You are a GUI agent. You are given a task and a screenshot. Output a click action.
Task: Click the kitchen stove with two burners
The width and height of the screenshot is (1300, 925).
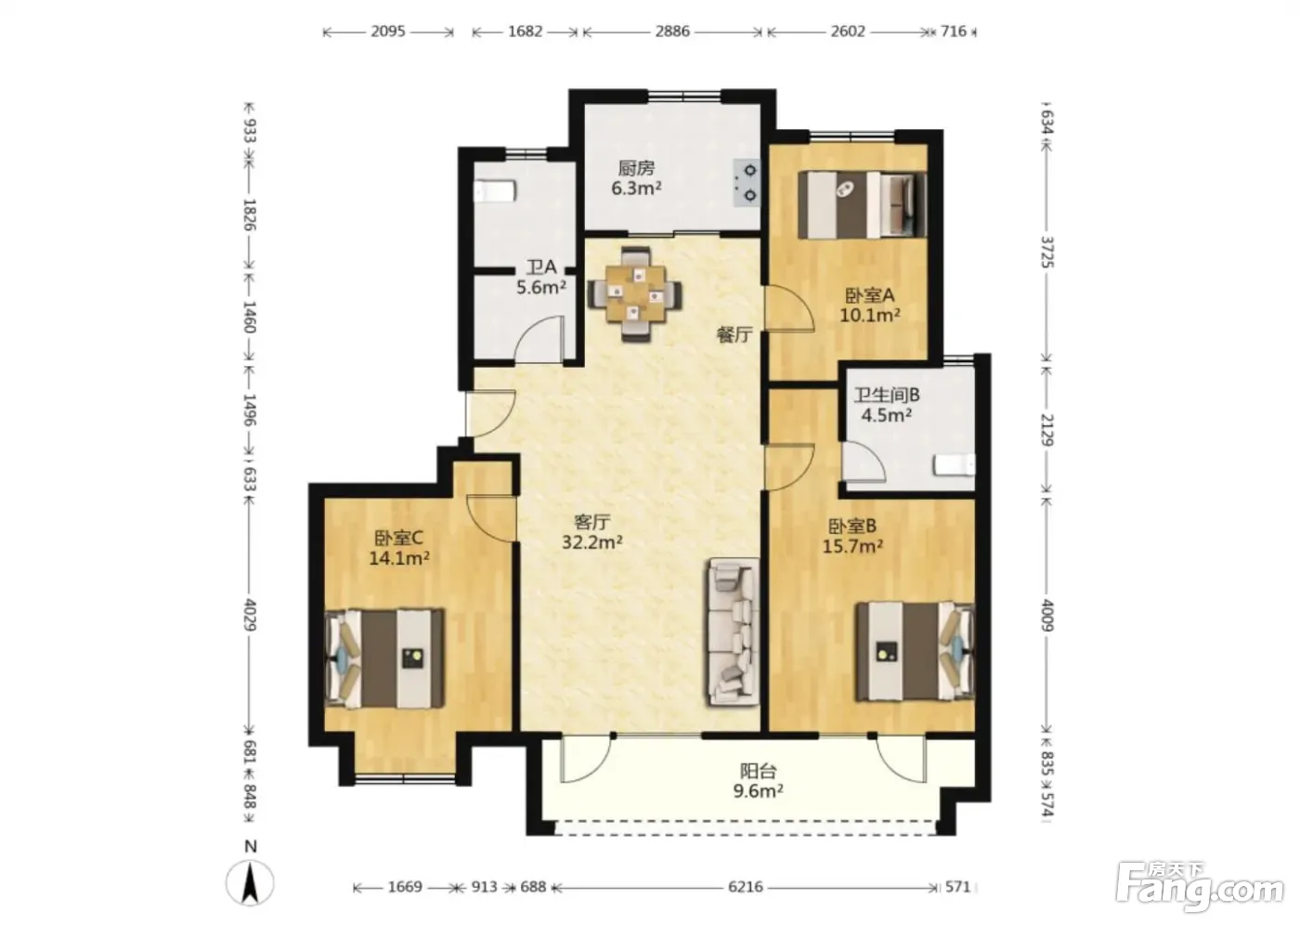747,183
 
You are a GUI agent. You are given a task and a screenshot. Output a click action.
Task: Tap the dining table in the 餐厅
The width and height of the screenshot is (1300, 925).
635,293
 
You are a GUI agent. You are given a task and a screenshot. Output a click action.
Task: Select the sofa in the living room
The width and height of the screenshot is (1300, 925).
733,632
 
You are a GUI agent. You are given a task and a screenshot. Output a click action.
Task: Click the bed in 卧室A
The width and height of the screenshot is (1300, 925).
862,204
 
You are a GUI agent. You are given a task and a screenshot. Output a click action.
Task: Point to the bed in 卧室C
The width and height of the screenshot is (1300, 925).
384,658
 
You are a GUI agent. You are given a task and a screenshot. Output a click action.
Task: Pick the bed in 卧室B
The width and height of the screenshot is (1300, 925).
915,652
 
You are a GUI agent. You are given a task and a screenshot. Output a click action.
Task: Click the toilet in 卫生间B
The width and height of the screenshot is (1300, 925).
955,465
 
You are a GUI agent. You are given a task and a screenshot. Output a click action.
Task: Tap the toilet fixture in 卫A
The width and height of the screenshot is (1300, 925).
494,191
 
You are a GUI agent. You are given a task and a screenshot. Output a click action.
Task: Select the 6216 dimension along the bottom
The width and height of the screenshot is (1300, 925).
746,887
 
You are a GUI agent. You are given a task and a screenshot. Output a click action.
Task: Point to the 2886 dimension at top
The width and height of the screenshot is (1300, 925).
672,32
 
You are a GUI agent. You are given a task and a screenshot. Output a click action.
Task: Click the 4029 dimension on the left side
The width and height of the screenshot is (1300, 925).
250,615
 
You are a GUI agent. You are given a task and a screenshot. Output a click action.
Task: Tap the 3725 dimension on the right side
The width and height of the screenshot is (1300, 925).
1047,252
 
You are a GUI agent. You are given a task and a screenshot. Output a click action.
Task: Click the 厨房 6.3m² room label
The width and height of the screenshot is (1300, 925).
637,178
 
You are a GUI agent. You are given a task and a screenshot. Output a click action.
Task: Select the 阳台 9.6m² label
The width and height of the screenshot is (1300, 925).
758,781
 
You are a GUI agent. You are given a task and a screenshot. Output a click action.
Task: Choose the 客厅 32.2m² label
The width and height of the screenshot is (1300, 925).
592,532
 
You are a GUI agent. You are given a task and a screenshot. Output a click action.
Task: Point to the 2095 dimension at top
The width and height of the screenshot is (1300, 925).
388,32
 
